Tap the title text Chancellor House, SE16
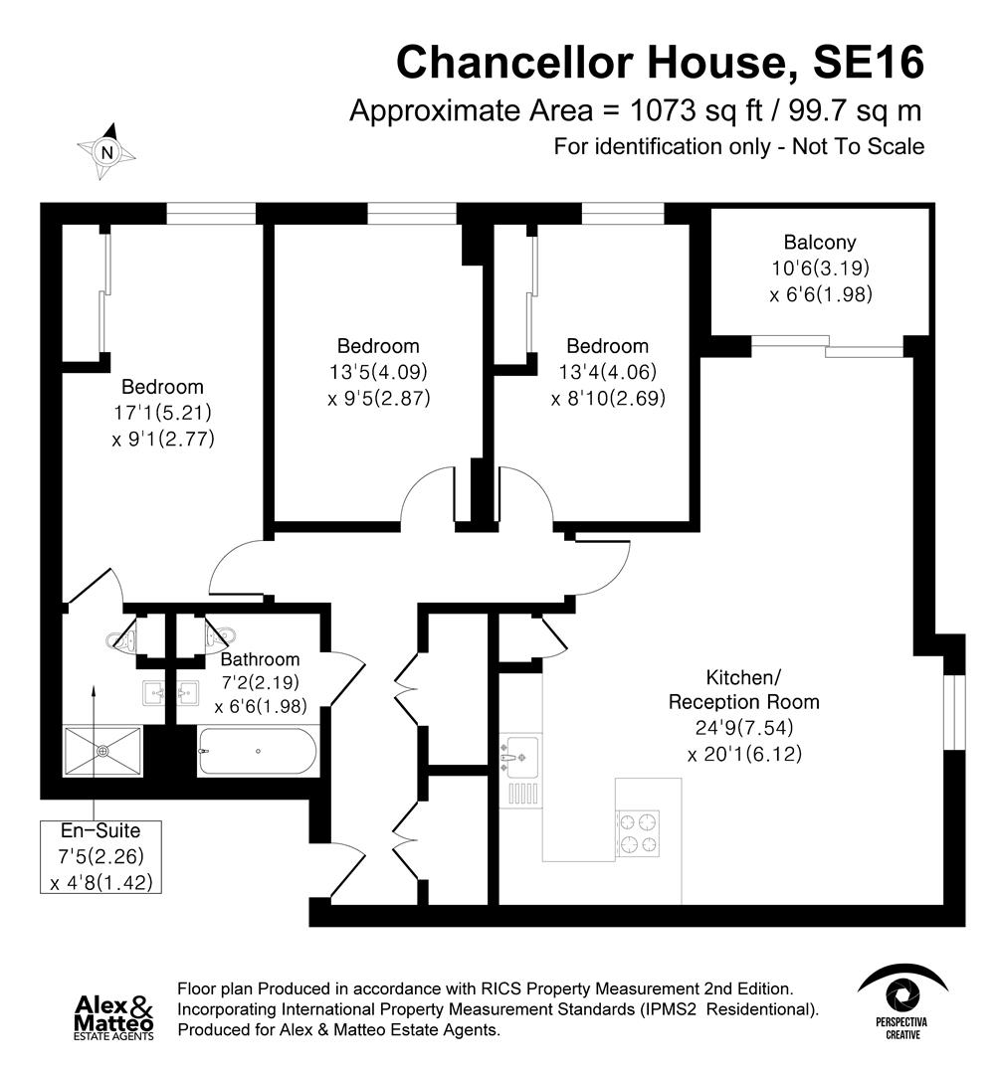660,62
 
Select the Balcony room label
819,242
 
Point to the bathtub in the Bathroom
258,751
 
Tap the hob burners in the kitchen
638,832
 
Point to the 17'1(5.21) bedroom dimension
162,412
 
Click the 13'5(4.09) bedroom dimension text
378,372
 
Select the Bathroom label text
260,659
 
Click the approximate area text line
636,109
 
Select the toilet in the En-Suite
124,638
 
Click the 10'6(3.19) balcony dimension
820,268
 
